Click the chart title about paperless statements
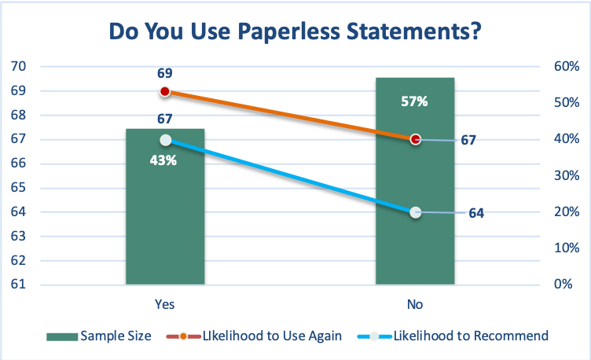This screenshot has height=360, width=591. pyautogui.click(x=295, y=32)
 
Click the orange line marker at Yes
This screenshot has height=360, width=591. pyautogui.click(x=165, y=92)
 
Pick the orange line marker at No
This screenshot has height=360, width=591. pyautogui.click(x=416, y=139)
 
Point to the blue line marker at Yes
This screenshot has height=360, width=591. pyautogui.click(x=165, y=140)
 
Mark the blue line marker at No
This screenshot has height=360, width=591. pyautogui.click(x=416, y=212)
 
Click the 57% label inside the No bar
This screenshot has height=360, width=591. pyautogui.click(x=415, y=101)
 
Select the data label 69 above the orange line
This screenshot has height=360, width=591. pyautogui.click(x=165, y=73)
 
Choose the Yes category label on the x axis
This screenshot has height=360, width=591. pyautogui.click(x=165, y=303)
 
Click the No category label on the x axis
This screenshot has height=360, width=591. pyautogui.click(x=415, y=303)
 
